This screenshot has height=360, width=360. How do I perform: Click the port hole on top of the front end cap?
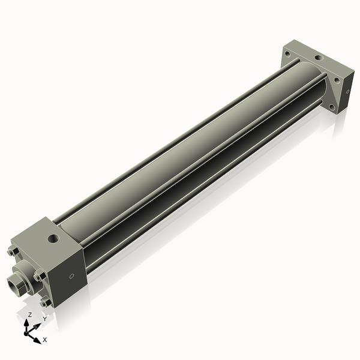(55, 238)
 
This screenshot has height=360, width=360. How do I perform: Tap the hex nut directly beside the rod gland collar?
(40, 276)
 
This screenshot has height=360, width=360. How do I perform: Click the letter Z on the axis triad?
(30, 314)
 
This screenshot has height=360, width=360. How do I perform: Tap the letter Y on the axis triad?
(44, 319)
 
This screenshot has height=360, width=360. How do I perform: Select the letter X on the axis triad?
(44, 340)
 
